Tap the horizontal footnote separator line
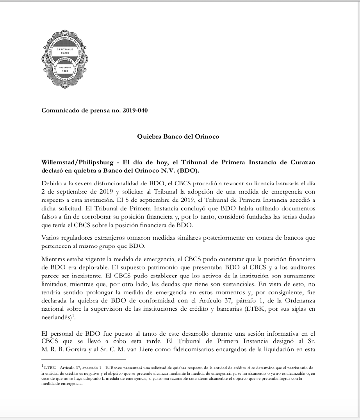coord(83,359)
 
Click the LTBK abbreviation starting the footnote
coord(49,368)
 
